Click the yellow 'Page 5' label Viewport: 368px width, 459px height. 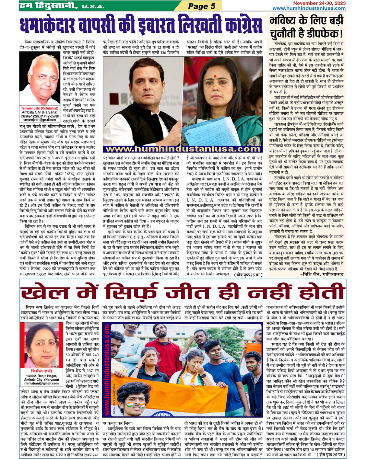[x=201, y=6]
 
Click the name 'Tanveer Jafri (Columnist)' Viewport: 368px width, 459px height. [x=40, y=108]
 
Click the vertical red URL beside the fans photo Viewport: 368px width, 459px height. [x=107, y=371]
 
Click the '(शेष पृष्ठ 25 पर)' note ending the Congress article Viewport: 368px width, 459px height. [x=248, y=275]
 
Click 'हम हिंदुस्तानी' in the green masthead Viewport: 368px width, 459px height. [x=48, y=6]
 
